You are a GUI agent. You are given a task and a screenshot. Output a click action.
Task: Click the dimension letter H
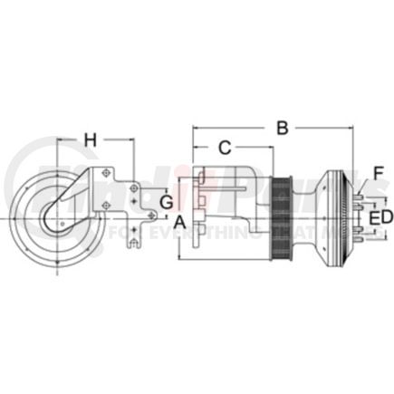click(x=90, y=139)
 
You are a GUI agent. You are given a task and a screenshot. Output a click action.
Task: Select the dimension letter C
click(x=226, y=148)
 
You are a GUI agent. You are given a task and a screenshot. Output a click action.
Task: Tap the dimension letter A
click(x=180, y=221)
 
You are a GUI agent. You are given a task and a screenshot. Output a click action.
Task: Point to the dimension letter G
click(x=165, y=201)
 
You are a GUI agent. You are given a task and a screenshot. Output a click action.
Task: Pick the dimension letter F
click(x=379, y=172)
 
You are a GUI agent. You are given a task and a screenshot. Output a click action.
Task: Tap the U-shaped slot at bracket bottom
click(x=134, y=241)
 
